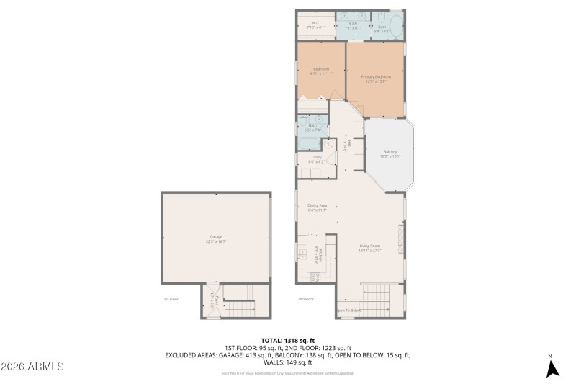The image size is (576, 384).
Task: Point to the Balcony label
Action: tap(390, 153)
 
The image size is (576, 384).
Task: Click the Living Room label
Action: tap(370, 249)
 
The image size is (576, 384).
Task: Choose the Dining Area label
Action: tap(318, 207)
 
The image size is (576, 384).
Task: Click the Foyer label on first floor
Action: tap(212, 303)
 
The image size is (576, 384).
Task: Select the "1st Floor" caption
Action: tap(170, 298)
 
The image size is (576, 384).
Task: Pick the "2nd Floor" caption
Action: tap(306, 298)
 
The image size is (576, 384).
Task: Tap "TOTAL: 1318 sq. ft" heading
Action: tap(288, 340)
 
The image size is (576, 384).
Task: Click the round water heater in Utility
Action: tap(329, 145)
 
